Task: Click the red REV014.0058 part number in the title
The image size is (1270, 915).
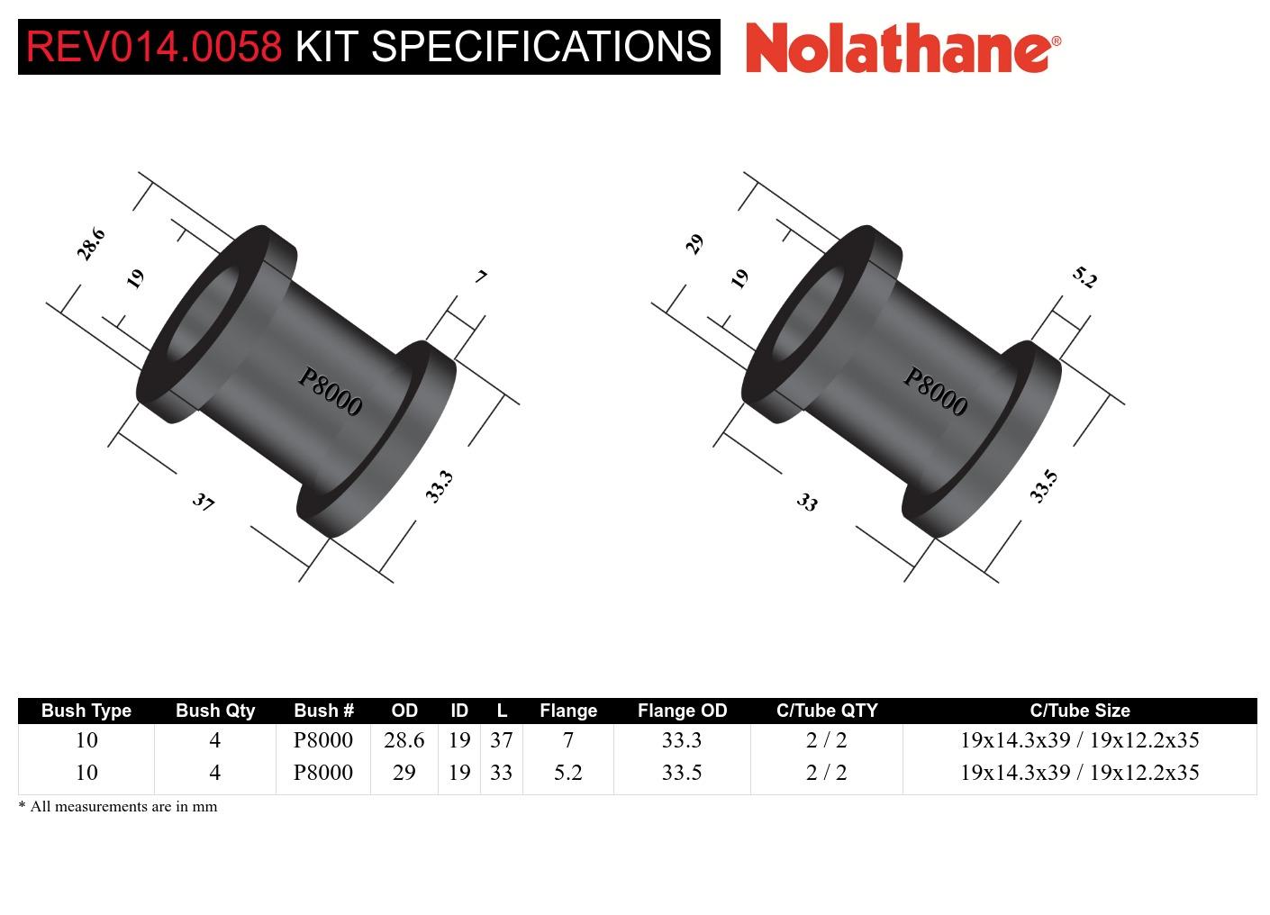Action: coord(154,47)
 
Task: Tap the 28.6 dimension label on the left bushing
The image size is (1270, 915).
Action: coord(91,244)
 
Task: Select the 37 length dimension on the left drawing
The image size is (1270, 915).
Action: coord(204,502)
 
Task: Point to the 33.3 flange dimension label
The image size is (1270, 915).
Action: coord(439,486)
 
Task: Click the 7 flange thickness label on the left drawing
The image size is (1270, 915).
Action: coord(482,276)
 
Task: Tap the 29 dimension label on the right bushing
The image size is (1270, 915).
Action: coord(694,244)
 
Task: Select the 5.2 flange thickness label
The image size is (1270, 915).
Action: coord(1085,278)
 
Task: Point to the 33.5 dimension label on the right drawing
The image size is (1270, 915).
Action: coord(1043,486)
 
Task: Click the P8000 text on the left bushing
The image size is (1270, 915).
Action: coord(330,393)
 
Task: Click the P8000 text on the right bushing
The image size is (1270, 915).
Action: coord(935,393)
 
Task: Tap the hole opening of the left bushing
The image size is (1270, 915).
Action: coord(201,311)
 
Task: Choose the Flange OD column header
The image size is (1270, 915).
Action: coord(682,711)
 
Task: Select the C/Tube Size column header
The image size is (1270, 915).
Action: coord(1079,711)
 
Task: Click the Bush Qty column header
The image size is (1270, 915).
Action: coord(215,711)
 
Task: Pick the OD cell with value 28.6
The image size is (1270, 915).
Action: coord(404,740)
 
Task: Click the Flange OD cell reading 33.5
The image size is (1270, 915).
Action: coord(682,773)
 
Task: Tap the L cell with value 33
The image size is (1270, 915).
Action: coord(501,773)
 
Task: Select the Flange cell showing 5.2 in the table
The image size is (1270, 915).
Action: coord(567,773)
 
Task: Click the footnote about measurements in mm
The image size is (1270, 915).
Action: coord(118,807)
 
